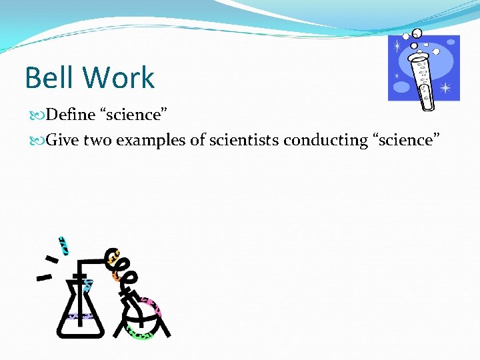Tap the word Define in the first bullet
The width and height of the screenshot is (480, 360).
[x=72, y=115]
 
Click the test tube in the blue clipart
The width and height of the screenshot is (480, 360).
[x=422, y=80]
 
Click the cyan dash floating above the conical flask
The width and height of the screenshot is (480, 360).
[x=64, y=245]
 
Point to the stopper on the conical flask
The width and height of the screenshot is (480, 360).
[x=79, y=275]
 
